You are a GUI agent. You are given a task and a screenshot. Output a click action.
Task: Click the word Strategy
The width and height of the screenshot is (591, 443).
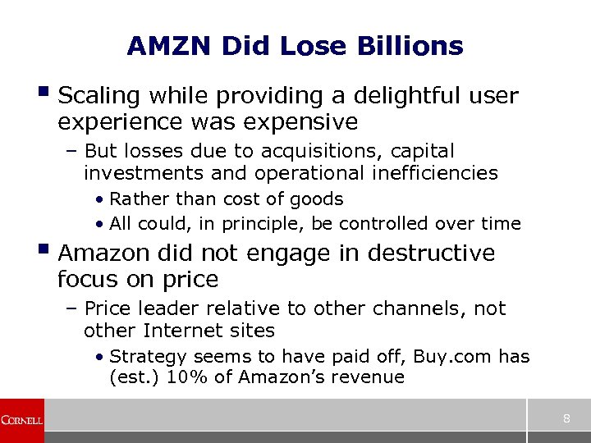click(x=148, y=357)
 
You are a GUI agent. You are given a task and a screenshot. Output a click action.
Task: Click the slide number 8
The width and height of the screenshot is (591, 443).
click(x=566, y=420)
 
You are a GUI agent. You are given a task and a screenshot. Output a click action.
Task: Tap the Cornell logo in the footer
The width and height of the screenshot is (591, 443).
click(x=22, y=420)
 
